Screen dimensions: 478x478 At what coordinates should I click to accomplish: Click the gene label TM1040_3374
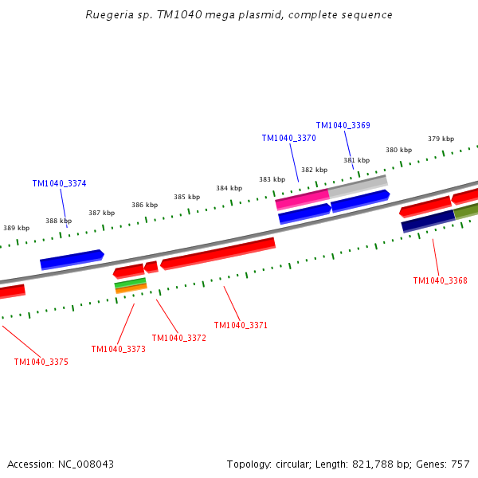pos(60,183)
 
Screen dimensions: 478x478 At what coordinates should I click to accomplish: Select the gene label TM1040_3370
pos(289,138)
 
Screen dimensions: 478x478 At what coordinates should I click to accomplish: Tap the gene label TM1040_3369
pos(343,125)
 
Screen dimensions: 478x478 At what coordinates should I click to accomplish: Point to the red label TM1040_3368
pos(441,280)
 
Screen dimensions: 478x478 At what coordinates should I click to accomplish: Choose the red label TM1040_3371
pos(241,325)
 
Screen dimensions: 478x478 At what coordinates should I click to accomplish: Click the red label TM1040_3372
pos(179,338)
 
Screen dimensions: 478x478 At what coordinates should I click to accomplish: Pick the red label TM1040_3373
pos(119,349)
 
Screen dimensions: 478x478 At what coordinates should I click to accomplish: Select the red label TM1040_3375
pos(41,362)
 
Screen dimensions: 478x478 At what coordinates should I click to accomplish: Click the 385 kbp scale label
pos(187,197)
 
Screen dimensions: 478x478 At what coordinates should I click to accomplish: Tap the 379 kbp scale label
pos(441,139)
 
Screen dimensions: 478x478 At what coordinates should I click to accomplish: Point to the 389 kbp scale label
pos(17,228)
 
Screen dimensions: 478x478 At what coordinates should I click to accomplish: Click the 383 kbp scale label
pos(272,179)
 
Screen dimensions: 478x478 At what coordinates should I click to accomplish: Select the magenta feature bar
pos(303,199)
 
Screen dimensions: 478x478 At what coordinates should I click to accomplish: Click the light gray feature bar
pos(358,186)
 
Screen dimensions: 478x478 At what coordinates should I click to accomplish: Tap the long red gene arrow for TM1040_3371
pos(218,253)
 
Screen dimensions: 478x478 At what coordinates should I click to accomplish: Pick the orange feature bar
pos(131,288)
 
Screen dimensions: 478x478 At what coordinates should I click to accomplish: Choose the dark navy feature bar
pos(429,221)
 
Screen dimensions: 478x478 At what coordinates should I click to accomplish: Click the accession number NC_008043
pos(86,464)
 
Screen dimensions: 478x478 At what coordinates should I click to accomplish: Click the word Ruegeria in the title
pos(109,15)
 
